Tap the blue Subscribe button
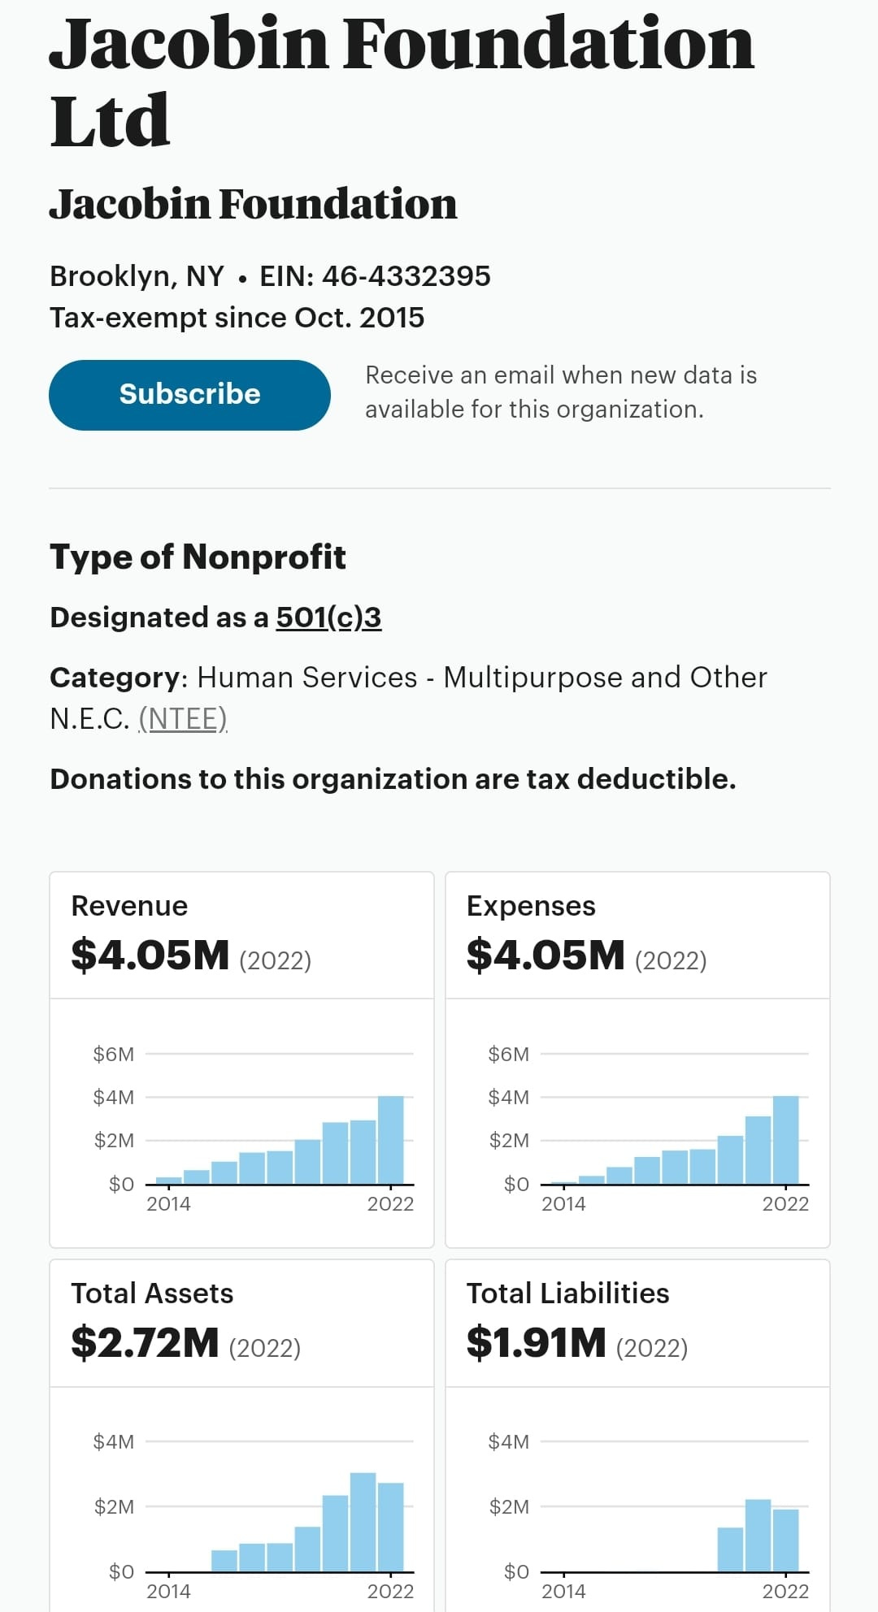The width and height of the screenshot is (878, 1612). coord(189,395)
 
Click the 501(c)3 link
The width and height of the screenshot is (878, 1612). coord(328,617)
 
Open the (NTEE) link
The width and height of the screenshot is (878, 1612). coord(182,719)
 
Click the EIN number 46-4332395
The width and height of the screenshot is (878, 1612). coord(406,276)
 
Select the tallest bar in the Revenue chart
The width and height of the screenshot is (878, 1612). coord(391,1140)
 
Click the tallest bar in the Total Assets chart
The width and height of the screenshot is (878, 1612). coord(363,1522)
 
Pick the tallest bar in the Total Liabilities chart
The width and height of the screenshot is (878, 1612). coord(758,1536)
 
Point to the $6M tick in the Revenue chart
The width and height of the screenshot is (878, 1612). coord(114,1055)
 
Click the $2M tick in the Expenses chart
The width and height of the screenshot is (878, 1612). coord(509,1141)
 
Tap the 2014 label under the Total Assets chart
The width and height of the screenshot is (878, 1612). coord(168,1591)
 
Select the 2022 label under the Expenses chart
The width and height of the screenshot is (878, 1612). coord(785,1204)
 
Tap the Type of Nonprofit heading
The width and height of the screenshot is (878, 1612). coord(198,557)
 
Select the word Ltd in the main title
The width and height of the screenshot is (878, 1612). coord(110,122)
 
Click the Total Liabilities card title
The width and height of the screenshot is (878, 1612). coord(567,1293)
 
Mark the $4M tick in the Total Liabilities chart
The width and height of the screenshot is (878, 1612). coord(509,1442)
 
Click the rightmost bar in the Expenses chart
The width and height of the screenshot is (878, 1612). coord(786,1140)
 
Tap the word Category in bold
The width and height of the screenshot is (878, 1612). coord(114,678)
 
